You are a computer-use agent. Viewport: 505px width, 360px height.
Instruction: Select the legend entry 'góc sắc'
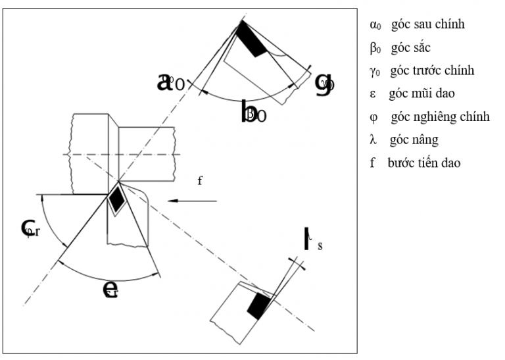[410, 48]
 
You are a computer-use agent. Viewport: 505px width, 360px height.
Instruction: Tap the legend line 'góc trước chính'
[432, 71]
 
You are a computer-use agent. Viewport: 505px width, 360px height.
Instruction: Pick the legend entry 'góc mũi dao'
[421, 94]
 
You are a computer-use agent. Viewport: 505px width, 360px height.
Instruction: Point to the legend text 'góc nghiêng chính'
[439, 117]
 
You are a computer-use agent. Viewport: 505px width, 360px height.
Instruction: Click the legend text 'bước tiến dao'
[424, 163]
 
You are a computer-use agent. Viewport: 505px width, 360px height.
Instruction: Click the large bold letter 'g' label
[323, 83]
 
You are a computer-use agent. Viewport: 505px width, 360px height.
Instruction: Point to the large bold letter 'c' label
[28, 228]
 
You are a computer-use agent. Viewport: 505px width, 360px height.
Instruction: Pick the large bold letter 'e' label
[110, 288]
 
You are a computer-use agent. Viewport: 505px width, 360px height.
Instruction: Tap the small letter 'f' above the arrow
[200, 180]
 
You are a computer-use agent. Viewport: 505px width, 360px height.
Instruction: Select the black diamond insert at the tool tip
[117, 199]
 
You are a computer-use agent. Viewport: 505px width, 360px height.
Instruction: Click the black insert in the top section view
[251, 39]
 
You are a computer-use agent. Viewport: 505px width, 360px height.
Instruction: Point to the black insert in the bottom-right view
[258, 305]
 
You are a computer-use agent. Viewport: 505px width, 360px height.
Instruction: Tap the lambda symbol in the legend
[373, 140]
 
